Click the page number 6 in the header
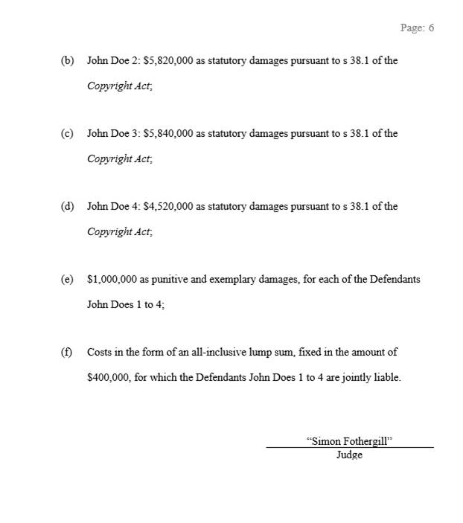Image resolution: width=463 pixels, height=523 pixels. (430, 28)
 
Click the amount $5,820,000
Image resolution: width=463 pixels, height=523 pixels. (168, 61)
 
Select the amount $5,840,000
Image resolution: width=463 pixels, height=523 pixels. (168, 134)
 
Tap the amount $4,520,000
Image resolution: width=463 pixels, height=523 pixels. (168, 207)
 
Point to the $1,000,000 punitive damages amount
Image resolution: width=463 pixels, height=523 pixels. (112, 280)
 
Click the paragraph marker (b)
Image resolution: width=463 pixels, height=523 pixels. (67, 61)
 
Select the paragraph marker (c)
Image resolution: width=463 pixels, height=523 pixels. (67, 134)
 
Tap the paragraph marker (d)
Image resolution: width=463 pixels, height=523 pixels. (67, 207)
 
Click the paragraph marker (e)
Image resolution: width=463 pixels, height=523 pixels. (67, 280)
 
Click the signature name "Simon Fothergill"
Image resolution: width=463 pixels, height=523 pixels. (349, 441)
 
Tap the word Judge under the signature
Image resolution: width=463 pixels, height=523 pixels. (349, 455)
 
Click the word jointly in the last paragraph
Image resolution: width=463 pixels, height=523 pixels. (359, 378)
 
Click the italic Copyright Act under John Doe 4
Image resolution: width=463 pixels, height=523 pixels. (119, 232)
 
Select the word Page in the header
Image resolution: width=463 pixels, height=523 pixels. (412, 28)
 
